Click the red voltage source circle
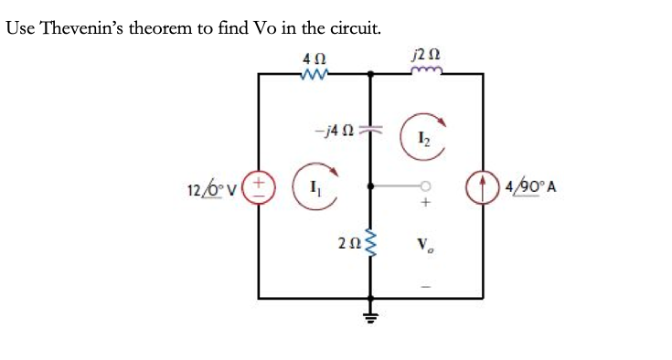click(259, 189)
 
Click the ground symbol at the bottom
click(370, 316)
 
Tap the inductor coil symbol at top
click(426, 72)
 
